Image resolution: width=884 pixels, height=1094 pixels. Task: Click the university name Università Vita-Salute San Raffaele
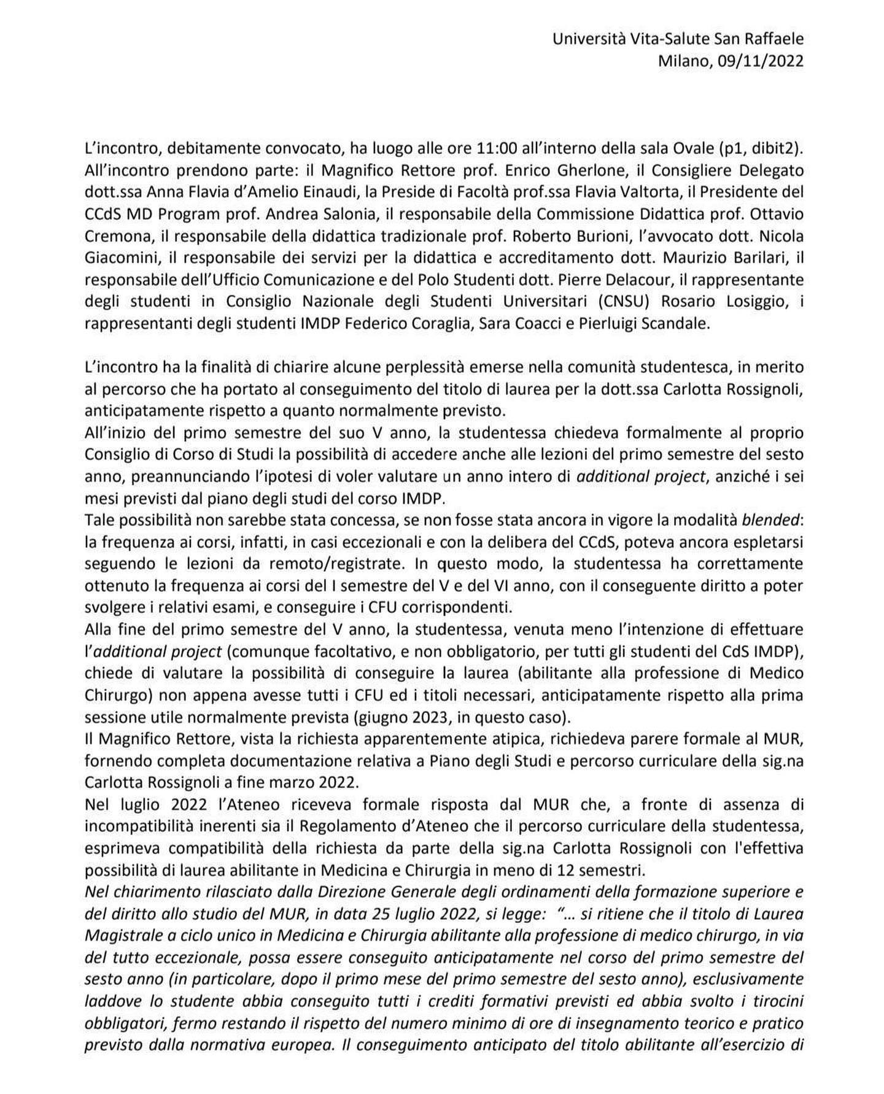pos(678,39)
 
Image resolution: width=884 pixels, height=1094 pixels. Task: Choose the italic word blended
pos(771,520)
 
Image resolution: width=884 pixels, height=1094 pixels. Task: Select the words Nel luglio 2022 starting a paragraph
pos(135,804)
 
